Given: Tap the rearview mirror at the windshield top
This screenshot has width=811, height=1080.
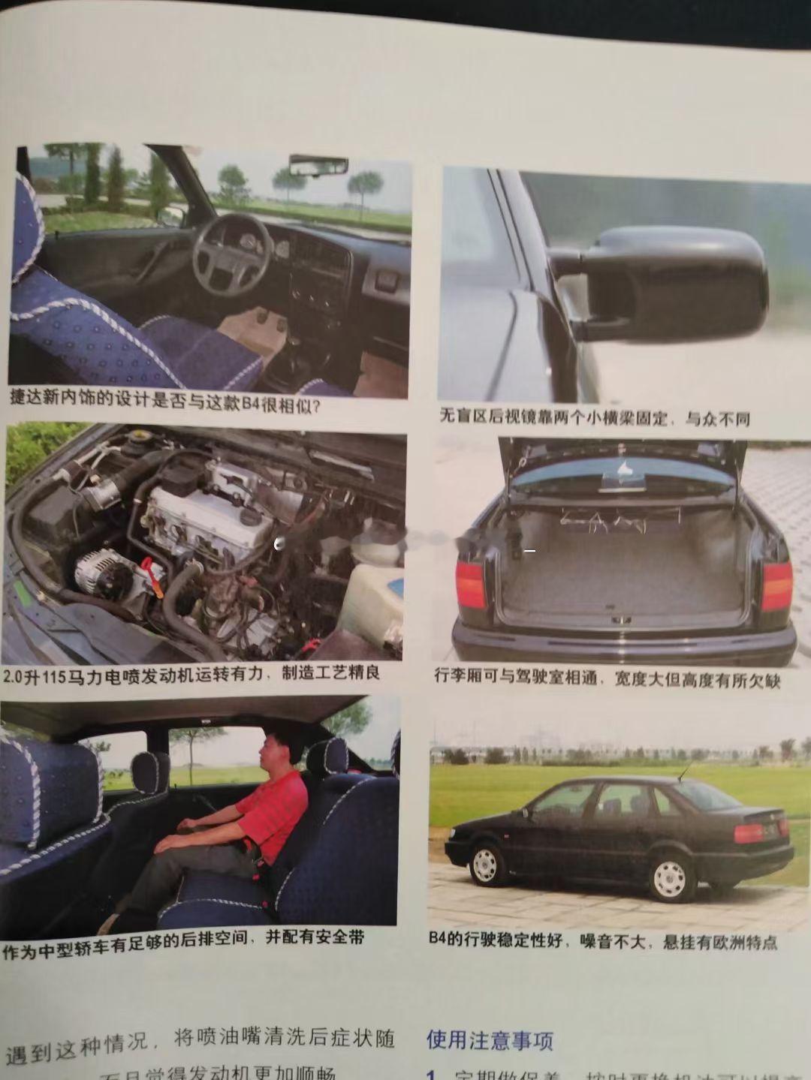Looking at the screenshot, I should click(319, 164).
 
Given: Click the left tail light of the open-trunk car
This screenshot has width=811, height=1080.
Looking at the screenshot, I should click(469, 585).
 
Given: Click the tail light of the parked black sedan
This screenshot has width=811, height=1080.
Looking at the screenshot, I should click(751, 832).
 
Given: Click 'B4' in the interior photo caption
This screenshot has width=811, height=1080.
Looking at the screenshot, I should click(251, 405).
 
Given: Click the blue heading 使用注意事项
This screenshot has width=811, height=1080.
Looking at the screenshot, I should click(490, 1039).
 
